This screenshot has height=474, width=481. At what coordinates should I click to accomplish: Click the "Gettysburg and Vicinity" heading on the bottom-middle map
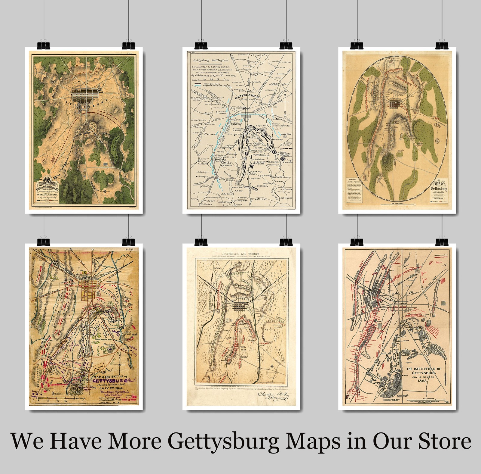click(242, 254)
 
